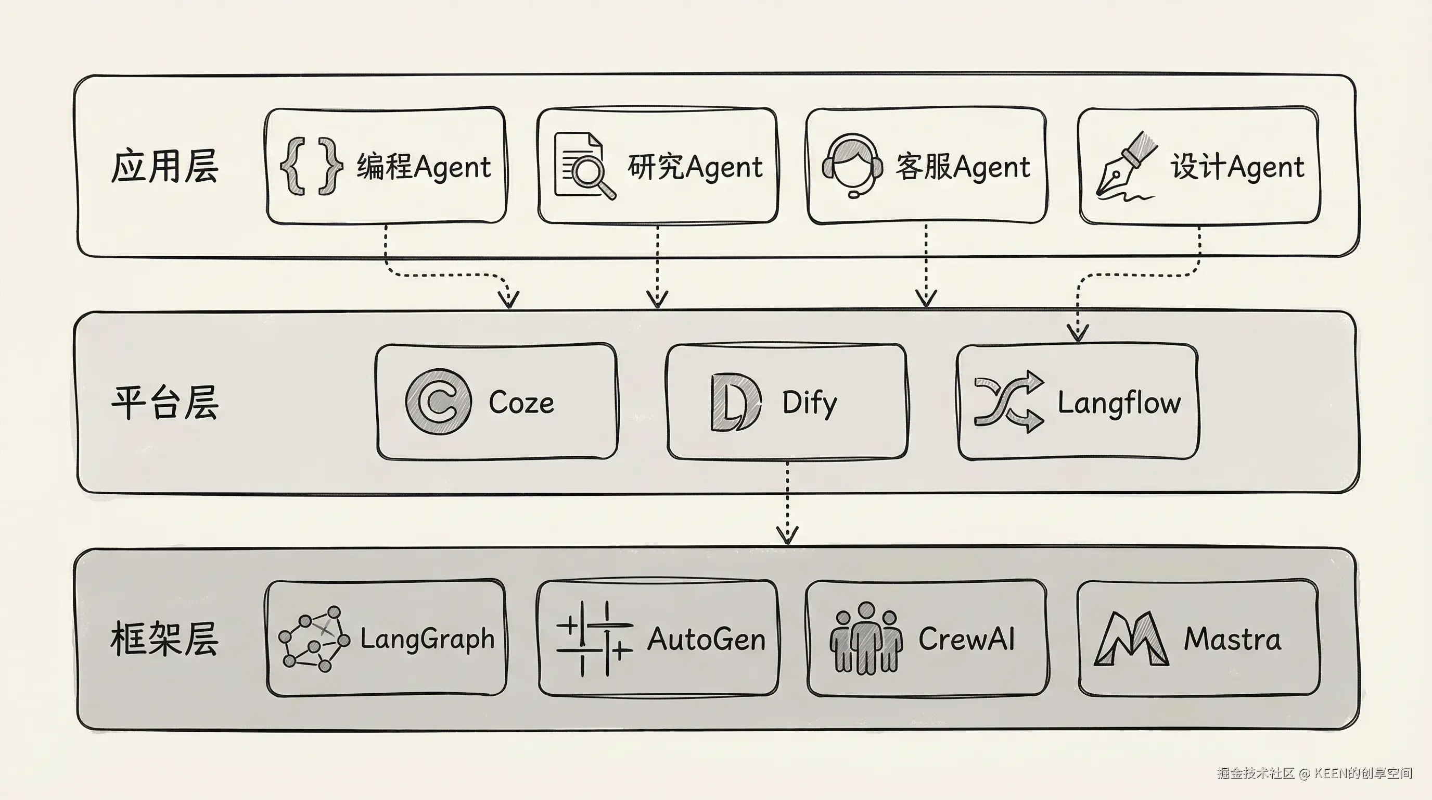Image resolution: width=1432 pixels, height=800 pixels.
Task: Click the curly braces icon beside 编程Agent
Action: [x=311, y=166]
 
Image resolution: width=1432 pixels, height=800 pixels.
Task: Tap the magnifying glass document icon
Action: [x=584, y=166]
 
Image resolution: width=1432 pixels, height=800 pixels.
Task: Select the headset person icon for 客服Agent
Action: [x=852, y=165]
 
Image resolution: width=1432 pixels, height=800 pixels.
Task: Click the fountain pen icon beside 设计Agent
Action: [x=1126, y=166]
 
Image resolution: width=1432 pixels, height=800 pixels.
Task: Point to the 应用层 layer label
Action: [x=164, y=166]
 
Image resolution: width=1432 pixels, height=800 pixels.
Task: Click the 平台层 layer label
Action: [x=164, y=402]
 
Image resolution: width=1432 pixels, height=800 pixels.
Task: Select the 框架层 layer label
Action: [x=164, y=639]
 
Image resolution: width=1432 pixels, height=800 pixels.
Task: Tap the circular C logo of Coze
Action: [x=439, y=402]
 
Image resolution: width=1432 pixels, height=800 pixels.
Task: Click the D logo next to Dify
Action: [x=735, y=402]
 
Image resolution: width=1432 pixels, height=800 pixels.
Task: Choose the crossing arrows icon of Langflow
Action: [x=1008, y=402]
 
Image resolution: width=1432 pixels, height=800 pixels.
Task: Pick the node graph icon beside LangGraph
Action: [x=314, y=639]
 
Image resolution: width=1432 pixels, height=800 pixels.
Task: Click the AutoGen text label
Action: [x=706, y=639]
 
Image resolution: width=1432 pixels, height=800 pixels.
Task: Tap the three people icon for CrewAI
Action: [x=866, y=639]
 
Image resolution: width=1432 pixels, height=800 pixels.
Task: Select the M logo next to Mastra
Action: [x=1131, y=639]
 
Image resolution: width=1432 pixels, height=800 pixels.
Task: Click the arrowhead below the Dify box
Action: [x=787, y=535]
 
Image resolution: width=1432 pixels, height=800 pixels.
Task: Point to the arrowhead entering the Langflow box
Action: [x=1078, y=334]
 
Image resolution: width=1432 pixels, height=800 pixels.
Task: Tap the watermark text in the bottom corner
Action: [x=1314, y=773]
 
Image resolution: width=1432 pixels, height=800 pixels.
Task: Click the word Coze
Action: [x=521, y=402]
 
